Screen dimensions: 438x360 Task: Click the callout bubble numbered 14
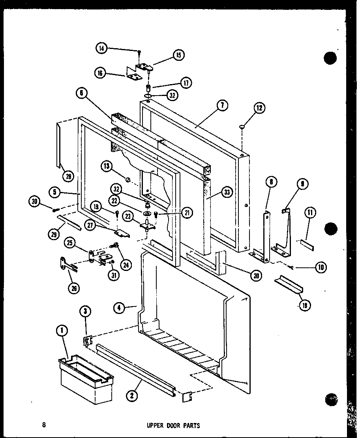coord(102,49)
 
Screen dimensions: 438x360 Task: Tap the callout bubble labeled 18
coord(305,305)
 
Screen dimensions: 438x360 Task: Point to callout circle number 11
coord(310,213)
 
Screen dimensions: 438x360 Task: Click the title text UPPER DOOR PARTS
coord(173,426)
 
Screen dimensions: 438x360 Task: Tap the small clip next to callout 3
coord(88,340)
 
